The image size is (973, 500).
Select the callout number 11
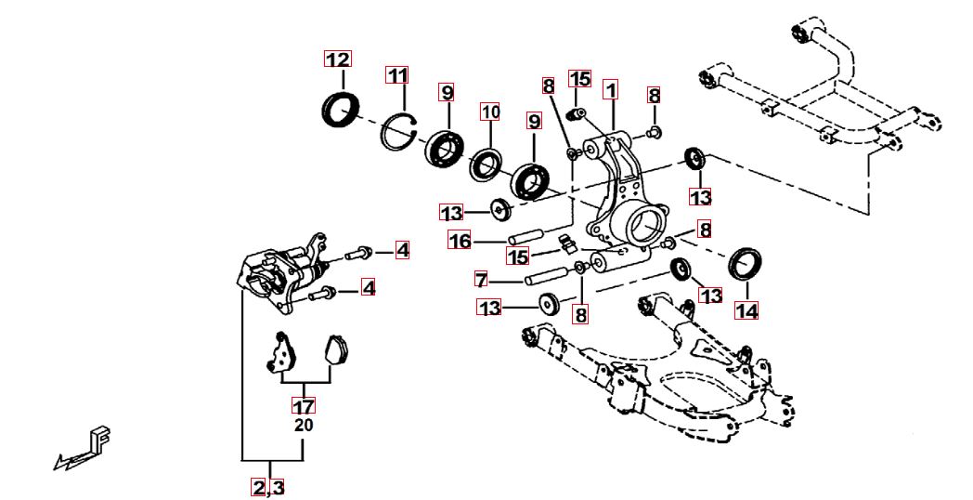(398, 74)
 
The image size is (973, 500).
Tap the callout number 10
(490, 112)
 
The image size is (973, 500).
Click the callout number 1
(610, 90)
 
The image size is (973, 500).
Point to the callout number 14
(746, 310)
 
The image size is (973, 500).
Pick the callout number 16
(461, 242)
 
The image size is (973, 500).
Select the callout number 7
(481, 279)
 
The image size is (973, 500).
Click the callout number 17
(304, 406)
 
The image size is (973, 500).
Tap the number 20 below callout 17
(304, 426)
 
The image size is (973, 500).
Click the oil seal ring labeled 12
(340, 108)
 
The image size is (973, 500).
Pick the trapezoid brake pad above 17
(334, 350)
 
